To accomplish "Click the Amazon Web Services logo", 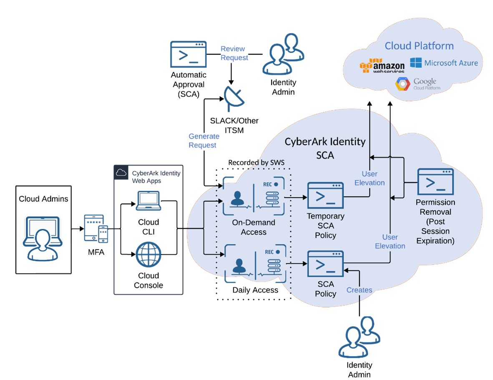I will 382,66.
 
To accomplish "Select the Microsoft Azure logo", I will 444,63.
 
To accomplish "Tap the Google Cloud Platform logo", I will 418,84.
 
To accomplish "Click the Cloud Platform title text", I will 419,46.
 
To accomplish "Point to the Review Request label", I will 234,53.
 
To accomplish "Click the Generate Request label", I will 204,141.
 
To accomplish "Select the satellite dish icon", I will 233,98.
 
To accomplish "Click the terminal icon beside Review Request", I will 188,54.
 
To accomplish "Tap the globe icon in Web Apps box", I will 148,254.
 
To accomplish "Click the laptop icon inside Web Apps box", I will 148,201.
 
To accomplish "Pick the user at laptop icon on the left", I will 42,238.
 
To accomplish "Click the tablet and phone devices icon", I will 96,228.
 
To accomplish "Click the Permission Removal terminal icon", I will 435,181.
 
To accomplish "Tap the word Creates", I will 359,290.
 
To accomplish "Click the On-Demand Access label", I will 254,227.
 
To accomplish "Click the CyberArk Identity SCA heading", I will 325,148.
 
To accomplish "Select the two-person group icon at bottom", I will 359,337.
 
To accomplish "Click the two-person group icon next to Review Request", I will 283,54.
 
